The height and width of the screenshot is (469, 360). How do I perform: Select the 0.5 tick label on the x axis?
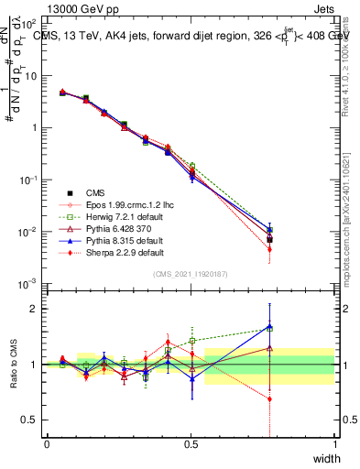click(191, 444)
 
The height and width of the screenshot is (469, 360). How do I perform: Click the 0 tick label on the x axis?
click(47, 444)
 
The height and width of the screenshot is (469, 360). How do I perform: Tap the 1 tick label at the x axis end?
click(335, 444)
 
